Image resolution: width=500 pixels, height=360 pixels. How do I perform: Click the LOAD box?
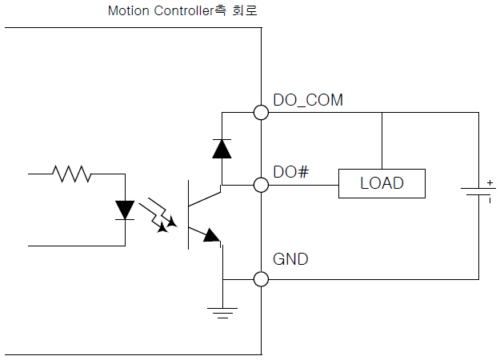click(381, 184)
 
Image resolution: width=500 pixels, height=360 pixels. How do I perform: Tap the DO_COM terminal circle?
click(261, 112)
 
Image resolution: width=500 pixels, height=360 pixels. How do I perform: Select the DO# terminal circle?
click(261, 185)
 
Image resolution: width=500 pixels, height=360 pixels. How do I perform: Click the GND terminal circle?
click(261, 278)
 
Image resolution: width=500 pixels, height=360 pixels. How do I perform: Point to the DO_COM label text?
click(308, 100)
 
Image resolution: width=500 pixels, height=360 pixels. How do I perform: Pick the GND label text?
click(290, 259)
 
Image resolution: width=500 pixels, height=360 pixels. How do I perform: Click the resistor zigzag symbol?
click(72, 172)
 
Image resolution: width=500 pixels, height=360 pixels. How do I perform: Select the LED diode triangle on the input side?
click(125, 209)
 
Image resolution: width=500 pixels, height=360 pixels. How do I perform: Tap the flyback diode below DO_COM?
click(222, 149)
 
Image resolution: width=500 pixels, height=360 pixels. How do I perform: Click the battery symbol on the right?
click(477, 192)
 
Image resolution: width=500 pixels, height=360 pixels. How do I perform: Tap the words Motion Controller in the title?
click(161, 12)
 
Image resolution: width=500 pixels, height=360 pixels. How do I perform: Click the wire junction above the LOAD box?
click(382, 112)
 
